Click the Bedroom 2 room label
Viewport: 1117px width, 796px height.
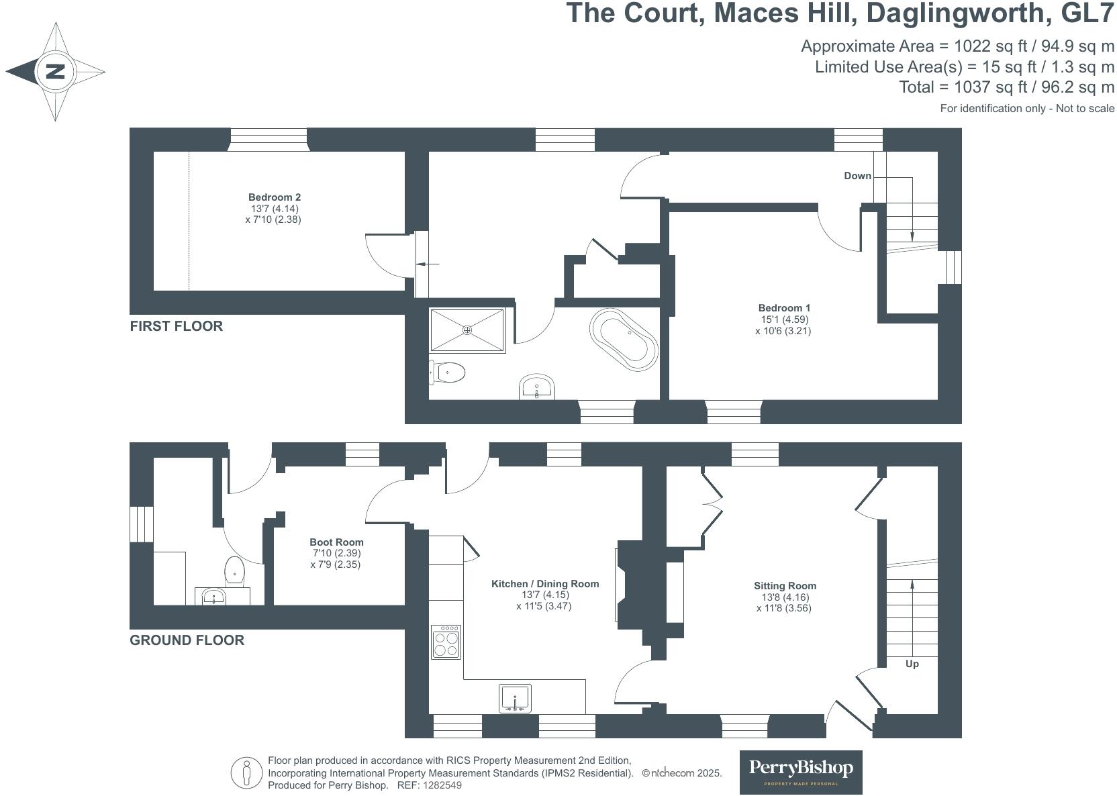click(x=275, y=197)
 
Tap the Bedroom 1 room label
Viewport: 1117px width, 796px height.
click(x=784, y=308)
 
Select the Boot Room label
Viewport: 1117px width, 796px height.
click(x=336, y=542)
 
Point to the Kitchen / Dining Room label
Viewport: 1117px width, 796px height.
click(x=545, y=584)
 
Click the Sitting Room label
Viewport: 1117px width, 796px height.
click(x=785, y=586)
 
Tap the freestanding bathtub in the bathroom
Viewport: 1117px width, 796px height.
click(x=624, y=340)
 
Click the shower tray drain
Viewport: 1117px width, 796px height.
click(x=467, y=330)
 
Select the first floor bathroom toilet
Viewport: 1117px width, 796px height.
click(x=447, y=372)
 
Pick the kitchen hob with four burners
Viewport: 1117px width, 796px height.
click(x=446, y=642)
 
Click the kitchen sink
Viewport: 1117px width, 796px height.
click(x=515, y=698)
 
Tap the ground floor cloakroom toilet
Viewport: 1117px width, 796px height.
click(x=234, y=570)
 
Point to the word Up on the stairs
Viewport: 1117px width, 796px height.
click(x=912, y=664)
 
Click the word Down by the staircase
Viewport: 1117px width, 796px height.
click(x=857, y=175)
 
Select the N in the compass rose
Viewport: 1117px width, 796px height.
click(x=55, y=71)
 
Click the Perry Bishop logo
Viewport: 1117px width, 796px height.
click(x=801, y=772)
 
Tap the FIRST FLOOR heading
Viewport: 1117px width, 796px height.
click(x=177, y=326)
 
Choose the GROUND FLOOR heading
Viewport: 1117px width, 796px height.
click(x=187, y=640)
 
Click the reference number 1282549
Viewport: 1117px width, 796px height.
click(x=442, y=785)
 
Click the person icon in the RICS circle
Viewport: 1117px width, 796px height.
click(x=246, y=773)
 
